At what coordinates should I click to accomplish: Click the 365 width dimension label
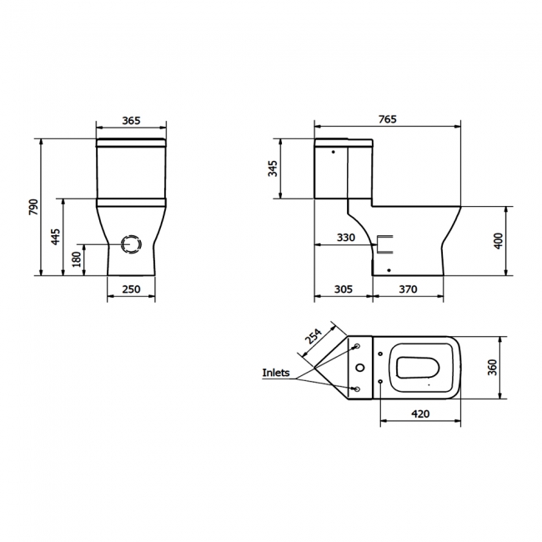click(x=131, y=121)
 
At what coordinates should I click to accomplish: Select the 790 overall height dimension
click(x=34, y=206)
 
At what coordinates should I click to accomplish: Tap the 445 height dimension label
click(x=55, y=237)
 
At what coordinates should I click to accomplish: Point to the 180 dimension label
click(x=77, y=259)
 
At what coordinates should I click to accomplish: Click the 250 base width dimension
click(x=131, y=289)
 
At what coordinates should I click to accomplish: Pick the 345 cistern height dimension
click(x=272, y=169)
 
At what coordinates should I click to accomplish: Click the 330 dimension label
click(x=346, y=238)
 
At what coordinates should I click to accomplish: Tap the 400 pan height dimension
click(x=499, y=240)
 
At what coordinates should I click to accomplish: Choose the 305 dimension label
click(x=343, y=289)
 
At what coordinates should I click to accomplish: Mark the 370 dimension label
click(x=407, y=289)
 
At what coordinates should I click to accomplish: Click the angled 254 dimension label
click(x=314, y=338)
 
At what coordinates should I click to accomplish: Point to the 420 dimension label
click(x=419, y=412)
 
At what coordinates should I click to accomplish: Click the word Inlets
click(x=276, y=373)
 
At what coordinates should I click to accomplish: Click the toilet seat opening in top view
click(x=425, y=368)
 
